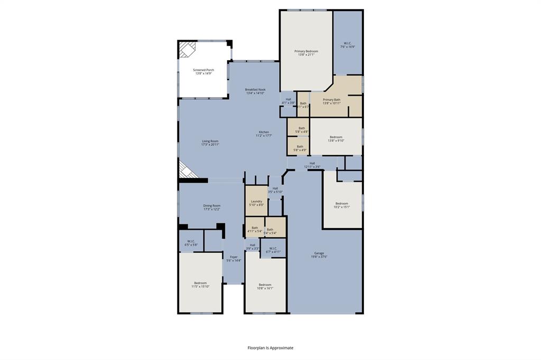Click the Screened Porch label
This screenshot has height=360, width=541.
tap(203, 71)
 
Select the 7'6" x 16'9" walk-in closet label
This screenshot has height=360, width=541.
tap(347, 45)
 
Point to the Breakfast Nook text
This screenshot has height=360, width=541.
tap(255, 91)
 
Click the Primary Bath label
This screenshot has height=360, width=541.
tap(331, 101)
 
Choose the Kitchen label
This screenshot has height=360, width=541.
tap(264, 134)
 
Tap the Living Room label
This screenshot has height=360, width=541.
tap(210, 143)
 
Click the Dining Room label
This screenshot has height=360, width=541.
tap(212, 207)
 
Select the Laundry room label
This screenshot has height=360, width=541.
tap(256, 203)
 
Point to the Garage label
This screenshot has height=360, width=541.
tap(319, 255)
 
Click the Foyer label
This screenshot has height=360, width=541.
tap(234, 259)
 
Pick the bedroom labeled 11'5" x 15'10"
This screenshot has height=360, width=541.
tap(200, 285)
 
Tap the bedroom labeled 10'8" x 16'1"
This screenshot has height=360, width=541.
tap(265, 286)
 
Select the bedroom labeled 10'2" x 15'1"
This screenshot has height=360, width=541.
tap(342, 205)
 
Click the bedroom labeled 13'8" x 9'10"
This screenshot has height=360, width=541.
tap(336, 139)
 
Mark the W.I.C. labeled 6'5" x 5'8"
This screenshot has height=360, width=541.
tap(191, 243)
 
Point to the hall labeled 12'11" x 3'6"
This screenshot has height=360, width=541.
tap(312, 165)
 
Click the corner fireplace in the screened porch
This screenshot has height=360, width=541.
tap(186, 50)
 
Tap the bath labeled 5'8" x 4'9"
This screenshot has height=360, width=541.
tap(300, 148)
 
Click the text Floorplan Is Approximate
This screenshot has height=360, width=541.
tap(270, 348)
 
